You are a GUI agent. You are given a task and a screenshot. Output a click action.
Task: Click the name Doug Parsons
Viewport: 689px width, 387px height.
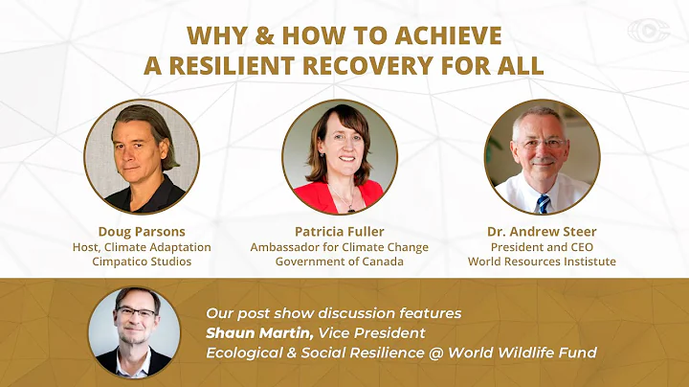[141, 231]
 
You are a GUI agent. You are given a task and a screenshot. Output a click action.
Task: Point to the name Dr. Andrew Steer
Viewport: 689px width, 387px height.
[542, 231]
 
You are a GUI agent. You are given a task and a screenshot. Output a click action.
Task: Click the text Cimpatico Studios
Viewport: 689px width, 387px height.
[141, 262]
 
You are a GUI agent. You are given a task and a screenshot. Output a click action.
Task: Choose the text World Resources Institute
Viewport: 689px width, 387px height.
[542, 262]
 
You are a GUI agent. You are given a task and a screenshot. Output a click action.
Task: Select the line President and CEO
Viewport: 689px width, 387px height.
[542, 246]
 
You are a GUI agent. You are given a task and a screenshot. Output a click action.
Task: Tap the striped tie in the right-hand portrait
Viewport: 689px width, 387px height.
[544, 202]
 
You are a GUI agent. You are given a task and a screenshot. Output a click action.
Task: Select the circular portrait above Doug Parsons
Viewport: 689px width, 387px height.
[141, 156]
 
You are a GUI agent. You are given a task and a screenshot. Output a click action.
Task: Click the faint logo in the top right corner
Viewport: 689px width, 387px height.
[648, 31]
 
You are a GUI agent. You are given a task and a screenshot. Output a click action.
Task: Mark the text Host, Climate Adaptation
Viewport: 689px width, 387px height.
[141, 246]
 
